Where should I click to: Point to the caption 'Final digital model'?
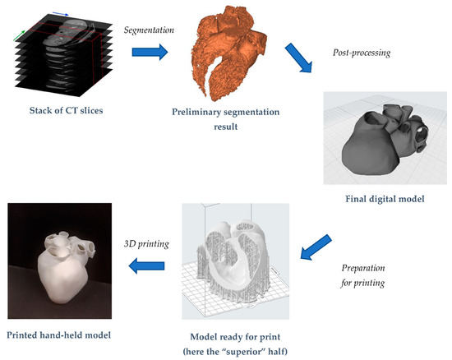tap(385, 199)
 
